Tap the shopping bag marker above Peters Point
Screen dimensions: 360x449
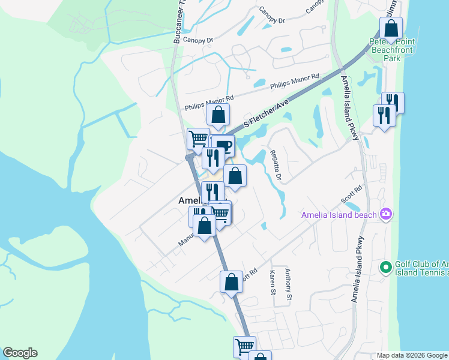coord(391,28)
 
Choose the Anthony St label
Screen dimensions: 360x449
coord(289,284)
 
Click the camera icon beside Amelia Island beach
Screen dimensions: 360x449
coord(386,214)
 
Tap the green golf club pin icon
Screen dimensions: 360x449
coord(385,266)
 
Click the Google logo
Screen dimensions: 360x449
coord(20,353)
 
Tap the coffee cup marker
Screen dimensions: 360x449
coord(223,145)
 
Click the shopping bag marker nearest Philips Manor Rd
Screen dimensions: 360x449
coord(219,114)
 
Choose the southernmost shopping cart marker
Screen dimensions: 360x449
coord(244,346)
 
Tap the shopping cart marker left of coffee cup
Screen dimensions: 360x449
coord(198,139)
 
